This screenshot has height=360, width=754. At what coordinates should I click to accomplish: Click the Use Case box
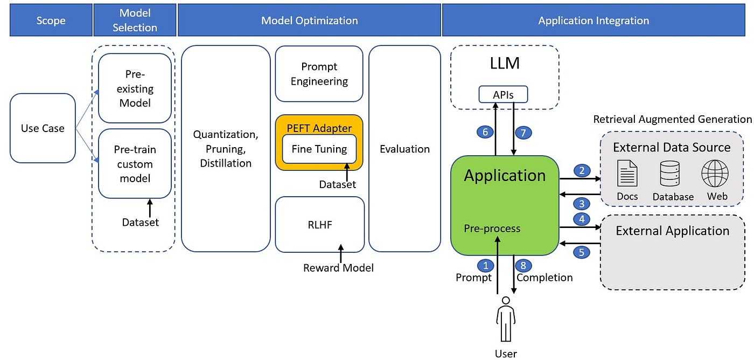point(43,128)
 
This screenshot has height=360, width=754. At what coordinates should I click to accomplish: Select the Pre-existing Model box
point(135,88)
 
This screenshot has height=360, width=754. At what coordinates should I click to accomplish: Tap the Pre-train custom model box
point(135,164)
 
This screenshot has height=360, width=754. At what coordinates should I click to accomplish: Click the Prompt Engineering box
point(319,74)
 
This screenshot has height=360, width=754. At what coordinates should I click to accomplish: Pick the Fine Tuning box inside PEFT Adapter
point(319,149)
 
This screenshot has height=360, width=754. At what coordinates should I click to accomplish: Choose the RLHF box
point(319,225)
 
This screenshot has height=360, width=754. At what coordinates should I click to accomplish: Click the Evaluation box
point(404,149)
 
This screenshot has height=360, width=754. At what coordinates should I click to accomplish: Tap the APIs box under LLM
point(503,95)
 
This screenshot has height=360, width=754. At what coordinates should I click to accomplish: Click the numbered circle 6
point(485,132)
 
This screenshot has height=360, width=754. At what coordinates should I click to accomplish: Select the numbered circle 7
point(523,132)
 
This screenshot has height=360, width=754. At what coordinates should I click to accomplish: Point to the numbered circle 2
point(581,171)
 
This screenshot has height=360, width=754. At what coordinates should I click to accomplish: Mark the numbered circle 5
point(581,251)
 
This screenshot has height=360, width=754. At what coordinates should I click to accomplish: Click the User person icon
point(505,321)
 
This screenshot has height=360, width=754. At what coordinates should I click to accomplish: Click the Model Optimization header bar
point(309,20)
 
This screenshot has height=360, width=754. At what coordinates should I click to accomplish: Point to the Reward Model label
point(338,268)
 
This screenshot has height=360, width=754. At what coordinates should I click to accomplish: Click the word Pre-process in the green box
point(492,229)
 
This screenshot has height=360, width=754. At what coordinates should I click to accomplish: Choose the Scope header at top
point(51,21)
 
